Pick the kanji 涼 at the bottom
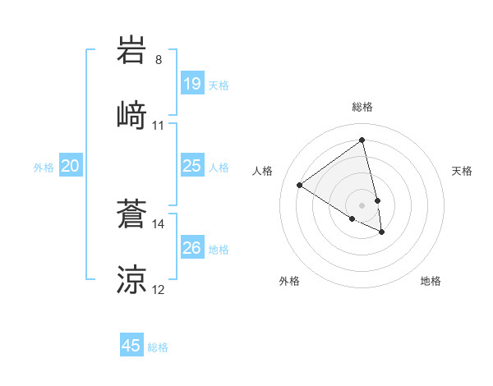coord(132,278)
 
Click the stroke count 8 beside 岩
coord(159,59)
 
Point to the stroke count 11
coord(159,126)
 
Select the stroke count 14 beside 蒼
coord(159,223)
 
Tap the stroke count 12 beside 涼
coord(159,290)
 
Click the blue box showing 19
coord(191,84)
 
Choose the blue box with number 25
coord(191,166)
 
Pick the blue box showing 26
coord(191,248)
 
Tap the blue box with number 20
coord(70,166)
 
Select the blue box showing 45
coord(131,346)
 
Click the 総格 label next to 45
coord(158,347)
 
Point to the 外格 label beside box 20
coord(44,168)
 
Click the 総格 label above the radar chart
coord(362,107)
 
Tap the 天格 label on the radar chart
coord(463,171)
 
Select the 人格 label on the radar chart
coord(262,171)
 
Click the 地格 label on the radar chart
coord(431,281)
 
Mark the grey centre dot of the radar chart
coord(362,204)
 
